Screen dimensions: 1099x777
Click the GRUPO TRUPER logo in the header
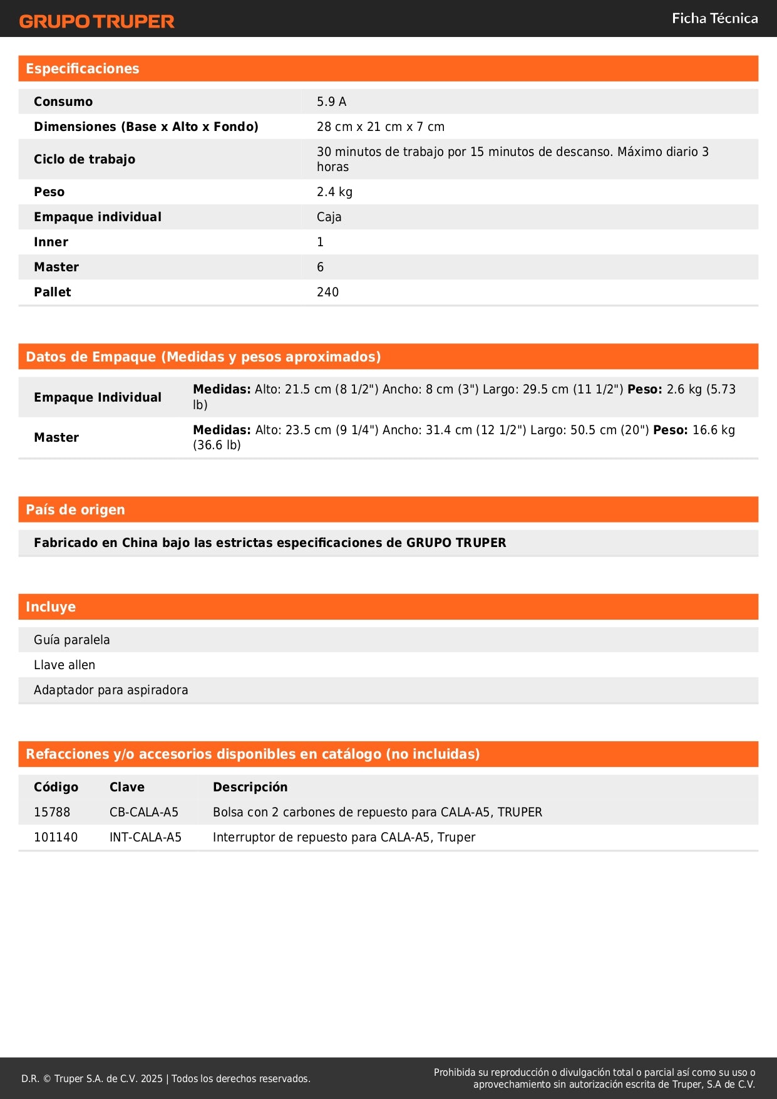[x=96, y=21]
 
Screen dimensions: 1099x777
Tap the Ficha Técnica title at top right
[x=714, y=19]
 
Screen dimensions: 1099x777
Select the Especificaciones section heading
[x=83, y=69]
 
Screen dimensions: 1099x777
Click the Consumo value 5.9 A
[x=331, y=102]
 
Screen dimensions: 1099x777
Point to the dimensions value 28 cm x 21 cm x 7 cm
[x=380, y=127]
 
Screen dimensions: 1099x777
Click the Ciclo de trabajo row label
[x=85, y=159]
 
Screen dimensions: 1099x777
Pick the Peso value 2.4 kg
[x=334, y=192]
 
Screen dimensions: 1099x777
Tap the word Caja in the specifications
[x=329, y=217]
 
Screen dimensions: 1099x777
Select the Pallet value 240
[x=327, y=292]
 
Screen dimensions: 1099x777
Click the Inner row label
[x=51, y=242]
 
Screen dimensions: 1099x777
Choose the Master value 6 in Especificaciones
[x=320, y=267]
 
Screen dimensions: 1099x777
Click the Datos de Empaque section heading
[x=203, y=357]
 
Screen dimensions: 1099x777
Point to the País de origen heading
[x=75, y=510]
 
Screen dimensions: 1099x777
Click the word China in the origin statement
[x=140, y=543]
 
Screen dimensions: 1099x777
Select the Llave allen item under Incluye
[x=64, y=665]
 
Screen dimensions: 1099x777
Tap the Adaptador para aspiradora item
[x=111, y=690]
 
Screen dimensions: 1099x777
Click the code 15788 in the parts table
[x=52, y=812]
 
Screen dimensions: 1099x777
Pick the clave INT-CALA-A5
[x=145, y=837]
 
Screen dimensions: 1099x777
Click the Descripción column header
[x=250, y=787]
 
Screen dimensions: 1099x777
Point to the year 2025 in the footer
[x=152, y=1078]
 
